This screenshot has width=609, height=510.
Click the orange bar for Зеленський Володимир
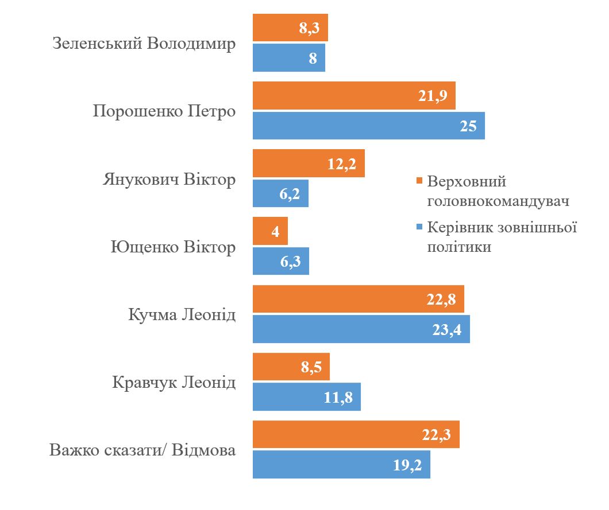[x=290, y=28]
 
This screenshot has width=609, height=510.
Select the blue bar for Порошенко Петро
[x=369, y=126]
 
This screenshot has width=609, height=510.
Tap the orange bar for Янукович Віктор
[x=309, y=163]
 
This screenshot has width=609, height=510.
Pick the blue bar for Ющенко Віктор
[x=281, y=261]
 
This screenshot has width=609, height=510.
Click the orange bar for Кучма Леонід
[x=358, y=299]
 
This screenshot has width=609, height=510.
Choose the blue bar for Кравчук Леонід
[x=307, y=396]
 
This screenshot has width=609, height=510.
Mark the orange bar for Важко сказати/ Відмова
[x=356, y=434]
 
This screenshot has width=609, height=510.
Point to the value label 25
[x=468, y=126]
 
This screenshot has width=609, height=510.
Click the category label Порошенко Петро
[x=164, y=111]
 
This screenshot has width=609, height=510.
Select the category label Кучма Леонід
[x=182, y=314]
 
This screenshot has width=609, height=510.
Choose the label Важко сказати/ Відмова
[x=142, y=450]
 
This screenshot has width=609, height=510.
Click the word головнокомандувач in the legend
[x=498, y=201]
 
